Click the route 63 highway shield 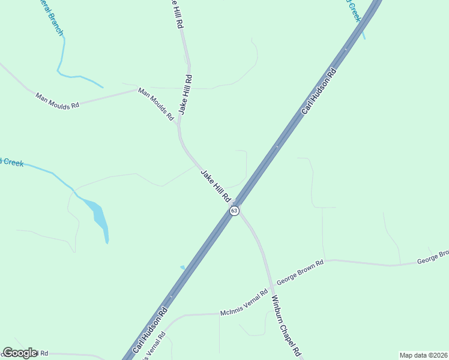tap(234, 211)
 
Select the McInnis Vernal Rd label tap(244, 304)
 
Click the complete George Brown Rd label tap(300, 271)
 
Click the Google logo tap(20, 353)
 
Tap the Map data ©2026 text tap(423, 355)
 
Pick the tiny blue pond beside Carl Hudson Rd tap(182, 267)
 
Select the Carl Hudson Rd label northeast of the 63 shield tap(319, 91)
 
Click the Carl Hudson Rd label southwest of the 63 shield tap(149, 331)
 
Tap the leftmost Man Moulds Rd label tap(58, 100)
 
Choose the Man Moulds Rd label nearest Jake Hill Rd tap(155, 104)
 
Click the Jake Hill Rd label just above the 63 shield tap(216, 185)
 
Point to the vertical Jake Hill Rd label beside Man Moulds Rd tap(185, 94)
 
